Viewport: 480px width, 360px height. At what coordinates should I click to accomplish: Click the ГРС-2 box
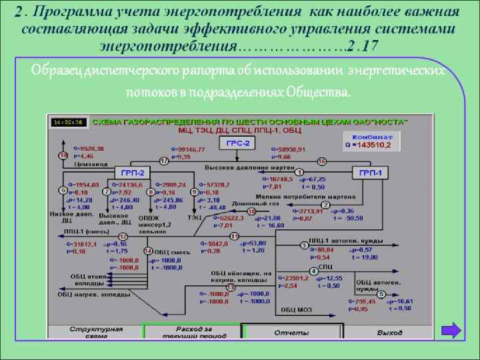(x=238, y=143)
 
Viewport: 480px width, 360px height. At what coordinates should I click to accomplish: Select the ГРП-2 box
(x=129, y=173)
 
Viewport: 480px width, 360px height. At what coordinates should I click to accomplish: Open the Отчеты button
(x=291, y=332)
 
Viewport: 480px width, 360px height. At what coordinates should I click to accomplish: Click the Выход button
(x=389, y=332)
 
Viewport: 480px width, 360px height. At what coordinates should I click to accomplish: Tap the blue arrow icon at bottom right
(x=451, y=331)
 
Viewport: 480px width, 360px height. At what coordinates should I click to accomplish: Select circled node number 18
(x=64, y=155)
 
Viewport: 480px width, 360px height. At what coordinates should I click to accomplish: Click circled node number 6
(x=64, y=191)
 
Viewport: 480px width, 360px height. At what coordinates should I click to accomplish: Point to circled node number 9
(x=195, y=192)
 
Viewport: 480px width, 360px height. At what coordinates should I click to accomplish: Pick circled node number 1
(x=299, y=172)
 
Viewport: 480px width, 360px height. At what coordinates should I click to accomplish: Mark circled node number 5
(x=381, y=294)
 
